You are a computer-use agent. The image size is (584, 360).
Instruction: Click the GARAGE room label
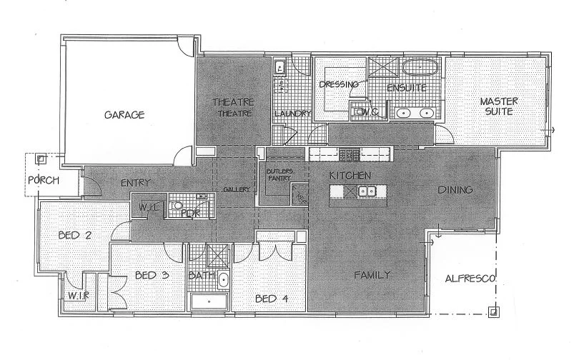coord(125,114)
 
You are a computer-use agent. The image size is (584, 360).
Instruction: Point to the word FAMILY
coord(372,274)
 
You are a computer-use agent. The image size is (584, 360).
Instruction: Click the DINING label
coord(455,190)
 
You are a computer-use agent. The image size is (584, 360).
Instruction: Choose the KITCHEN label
coord(349,175)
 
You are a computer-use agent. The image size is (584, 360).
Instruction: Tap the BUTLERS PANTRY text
coord(279,176)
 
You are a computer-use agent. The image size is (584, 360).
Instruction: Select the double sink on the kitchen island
coord(367,191)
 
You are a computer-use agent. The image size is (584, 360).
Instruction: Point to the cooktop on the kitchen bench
coord(349,154)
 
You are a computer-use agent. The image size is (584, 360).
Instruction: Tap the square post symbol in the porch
coord(41,159)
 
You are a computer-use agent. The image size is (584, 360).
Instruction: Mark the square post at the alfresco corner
coord(493,310)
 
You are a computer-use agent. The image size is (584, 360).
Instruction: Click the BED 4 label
coord(272,299)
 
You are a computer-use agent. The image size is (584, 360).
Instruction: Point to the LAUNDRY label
coord(292,114)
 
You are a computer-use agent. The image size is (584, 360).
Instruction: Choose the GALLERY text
coord(235,189)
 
